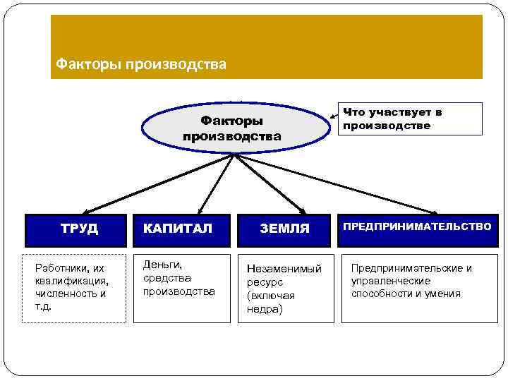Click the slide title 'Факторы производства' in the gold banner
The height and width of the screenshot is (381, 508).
pos(141,65)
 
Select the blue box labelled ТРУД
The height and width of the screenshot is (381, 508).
pos(75,229)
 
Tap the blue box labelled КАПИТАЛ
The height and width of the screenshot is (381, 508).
pos(181,229)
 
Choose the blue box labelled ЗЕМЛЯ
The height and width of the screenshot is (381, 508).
pos(284,229)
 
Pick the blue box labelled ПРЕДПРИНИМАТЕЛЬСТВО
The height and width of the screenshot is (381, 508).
pos(418,228)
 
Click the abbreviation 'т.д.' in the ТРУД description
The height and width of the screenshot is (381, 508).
pos(44,307)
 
